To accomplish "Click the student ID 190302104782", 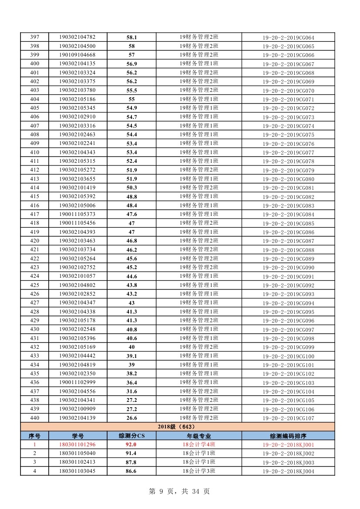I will pyautogui.click(x=77, y=37).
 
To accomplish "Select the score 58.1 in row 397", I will pyautogui.click(x=131, y=37).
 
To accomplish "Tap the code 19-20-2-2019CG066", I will pyautogui.click(x=288, y=55).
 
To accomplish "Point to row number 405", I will pyautogui.click(x=34, y=108).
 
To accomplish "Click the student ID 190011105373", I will pyautogui.click(x=77, y=214).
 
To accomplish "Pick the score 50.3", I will pyautogui.click(x=131, y=188).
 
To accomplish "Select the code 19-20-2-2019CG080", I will pyautogui.click(x=288, y=179).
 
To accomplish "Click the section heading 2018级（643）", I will pyautogui.click(x=177, y=427).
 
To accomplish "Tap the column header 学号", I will pyautogui.click(x=78, y=436).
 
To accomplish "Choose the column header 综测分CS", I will pyautogui.click(x=131, y=436).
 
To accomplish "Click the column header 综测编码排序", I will pyautogui.click(x=288, y=436).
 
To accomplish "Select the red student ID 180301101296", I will pyautogui.click(x=77, y=445).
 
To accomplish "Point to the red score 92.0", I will pyautogui.click(x=131, y=445).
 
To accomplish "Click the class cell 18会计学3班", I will pyautogui.click(x=199, y=471).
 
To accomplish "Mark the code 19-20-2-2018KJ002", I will pyautogui.click(x=288, y=454).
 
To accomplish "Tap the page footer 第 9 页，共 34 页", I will pyautogui.click(x=179, y=492).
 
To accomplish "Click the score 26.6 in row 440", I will pyautogui.click(x=131, y=418).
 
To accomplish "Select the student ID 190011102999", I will pyautogui.click(x=77, y=382).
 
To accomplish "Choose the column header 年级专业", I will pyautogui.click(x=199, y=436).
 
